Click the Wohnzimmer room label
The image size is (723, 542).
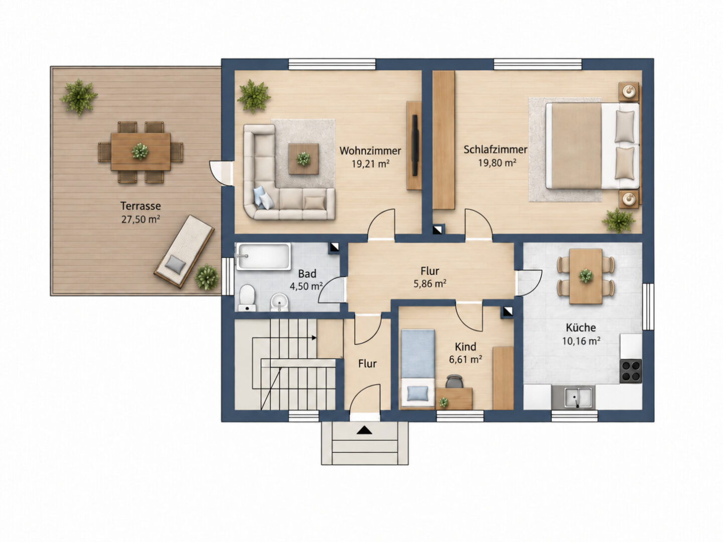370,151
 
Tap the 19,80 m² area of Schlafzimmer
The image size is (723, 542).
497,163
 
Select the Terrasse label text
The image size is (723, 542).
141,206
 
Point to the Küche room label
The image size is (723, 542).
581,327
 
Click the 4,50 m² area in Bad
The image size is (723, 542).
306,286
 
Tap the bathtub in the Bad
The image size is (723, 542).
263,256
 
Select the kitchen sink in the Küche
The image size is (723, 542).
578,397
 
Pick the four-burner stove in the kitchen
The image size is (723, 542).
631,371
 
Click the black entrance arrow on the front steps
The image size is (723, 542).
364,430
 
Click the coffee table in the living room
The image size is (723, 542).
303,159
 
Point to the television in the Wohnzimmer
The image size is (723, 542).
415,145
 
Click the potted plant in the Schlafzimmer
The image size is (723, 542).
618,220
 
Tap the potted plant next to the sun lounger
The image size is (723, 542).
207,277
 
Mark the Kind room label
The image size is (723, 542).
465,346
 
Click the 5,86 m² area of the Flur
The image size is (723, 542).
430,284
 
